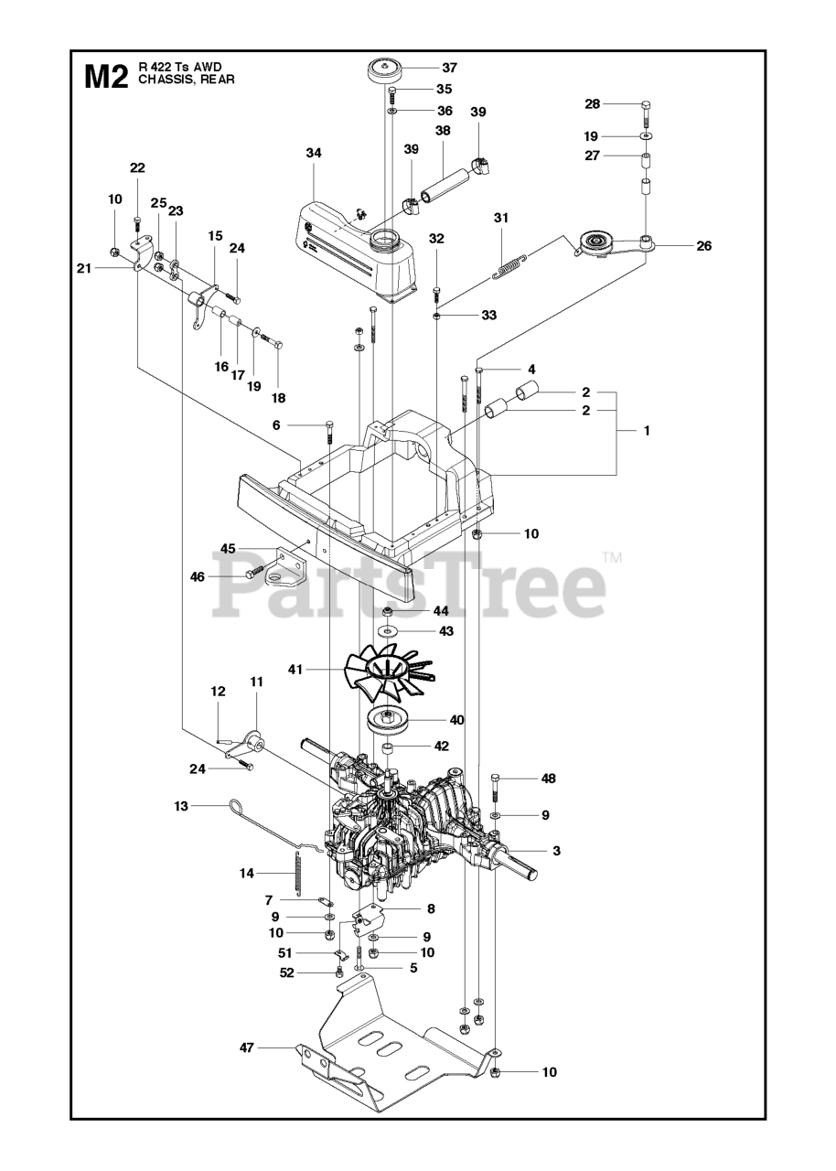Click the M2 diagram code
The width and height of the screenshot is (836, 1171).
point(105,76)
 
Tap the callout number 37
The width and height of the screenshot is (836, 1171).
point(449,68)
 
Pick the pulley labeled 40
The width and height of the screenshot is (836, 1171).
point(399,720)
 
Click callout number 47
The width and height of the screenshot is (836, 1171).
point(245,1047)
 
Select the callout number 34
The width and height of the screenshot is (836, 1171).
point(314,153)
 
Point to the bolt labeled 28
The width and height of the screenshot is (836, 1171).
point(646,113)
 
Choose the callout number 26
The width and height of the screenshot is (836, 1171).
point(703,245)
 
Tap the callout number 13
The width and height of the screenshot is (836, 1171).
point(181,806)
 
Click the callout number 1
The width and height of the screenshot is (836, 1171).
point(647,430)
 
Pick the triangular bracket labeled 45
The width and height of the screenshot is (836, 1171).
point(284,568)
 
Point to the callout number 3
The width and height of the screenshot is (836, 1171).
point(556,851)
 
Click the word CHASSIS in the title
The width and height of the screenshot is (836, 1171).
point(164,80)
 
